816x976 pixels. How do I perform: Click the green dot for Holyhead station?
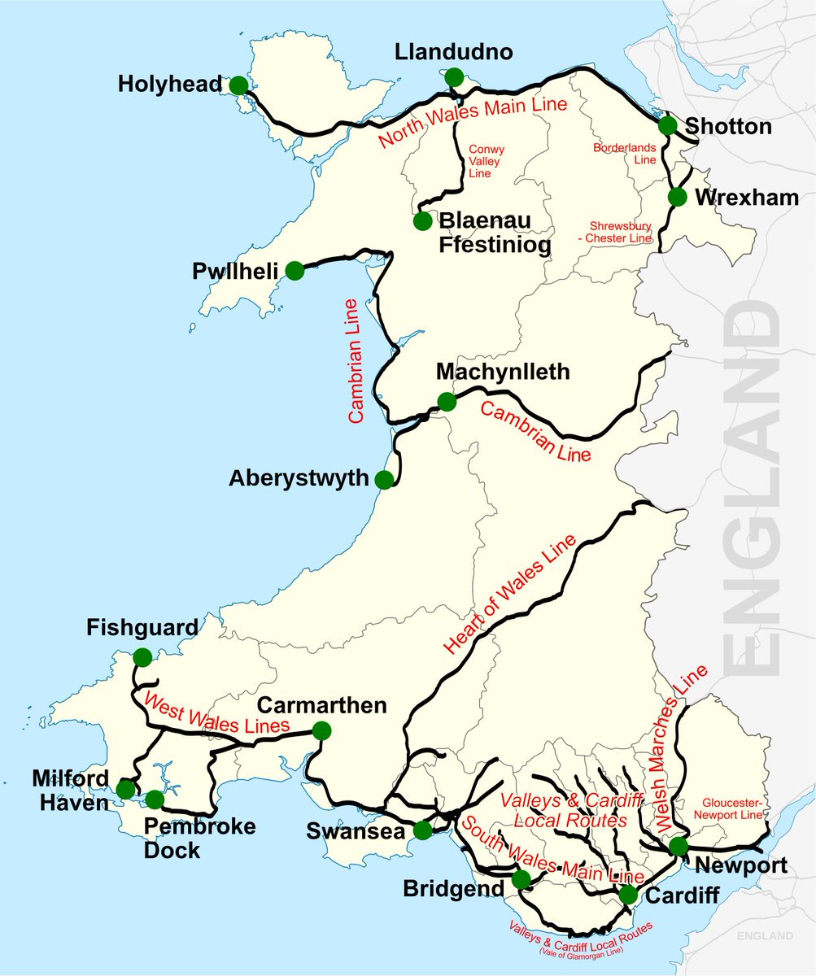point(238,85)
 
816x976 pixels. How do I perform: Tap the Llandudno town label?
point(454,53)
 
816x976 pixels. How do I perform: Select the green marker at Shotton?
point(667,124)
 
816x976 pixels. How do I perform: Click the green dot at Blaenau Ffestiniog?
point(422,220)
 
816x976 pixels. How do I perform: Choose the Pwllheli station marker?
point(295,270)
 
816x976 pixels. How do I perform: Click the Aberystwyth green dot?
point(386,478)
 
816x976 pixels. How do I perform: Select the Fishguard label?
point(142,628)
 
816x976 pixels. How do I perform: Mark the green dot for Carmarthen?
point(322,730)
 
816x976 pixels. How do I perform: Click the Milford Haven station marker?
point(125,789)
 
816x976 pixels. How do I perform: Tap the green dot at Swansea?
point(422,830)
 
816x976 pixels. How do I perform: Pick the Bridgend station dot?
point(521,879)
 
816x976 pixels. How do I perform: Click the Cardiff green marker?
point(628,895)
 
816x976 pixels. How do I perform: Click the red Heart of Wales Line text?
point(510,594)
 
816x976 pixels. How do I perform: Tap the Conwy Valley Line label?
point(487,162)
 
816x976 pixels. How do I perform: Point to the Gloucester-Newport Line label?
point(730,808)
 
